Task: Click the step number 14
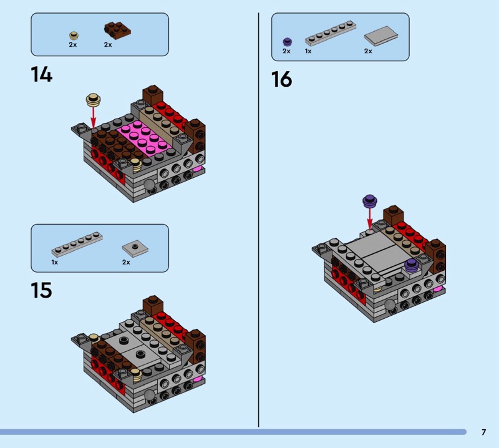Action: point(42,74)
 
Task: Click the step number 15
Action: point(41,290)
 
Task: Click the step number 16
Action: point(282,79)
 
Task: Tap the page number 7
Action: point(484,432)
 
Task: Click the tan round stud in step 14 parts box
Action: point(74,36)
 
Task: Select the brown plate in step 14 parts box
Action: point(117,31)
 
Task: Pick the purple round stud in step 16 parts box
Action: point(288,42)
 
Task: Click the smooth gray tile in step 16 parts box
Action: point(381,36)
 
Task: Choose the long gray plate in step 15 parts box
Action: point(77,245)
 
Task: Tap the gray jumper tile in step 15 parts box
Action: point(135,248)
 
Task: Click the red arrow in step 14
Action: point(93,117)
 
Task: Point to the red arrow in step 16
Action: point(370,218)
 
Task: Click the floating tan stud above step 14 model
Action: point(93,100)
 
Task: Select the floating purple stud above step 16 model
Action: point(370,201)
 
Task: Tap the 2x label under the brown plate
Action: point(108,45)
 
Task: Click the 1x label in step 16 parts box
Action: point(308,51)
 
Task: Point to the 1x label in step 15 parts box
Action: point(55,262)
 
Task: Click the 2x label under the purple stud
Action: point(286,51)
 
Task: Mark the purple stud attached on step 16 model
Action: point(411,265)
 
